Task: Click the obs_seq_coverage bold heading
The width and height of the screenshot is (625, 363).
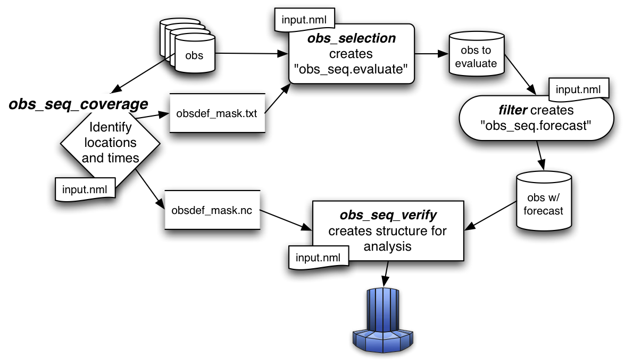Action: click(78, 104)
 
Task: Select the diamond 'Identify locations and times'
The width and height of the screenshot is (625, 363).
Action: click(111, 143)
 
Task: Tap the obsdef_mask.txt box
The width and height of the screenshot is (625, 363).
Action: click(217, 114)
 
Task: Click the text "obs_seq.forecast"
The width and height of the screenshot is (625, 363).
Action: click(528, 126)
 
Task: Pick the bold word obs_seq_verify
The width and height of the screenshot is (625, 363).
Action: click(388, 215)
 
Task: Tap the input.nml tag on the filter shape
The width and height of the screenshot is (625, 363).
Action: click(578, 89)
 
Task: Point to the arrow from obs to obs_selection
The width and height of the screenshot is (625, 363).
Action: click(249, 53)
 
